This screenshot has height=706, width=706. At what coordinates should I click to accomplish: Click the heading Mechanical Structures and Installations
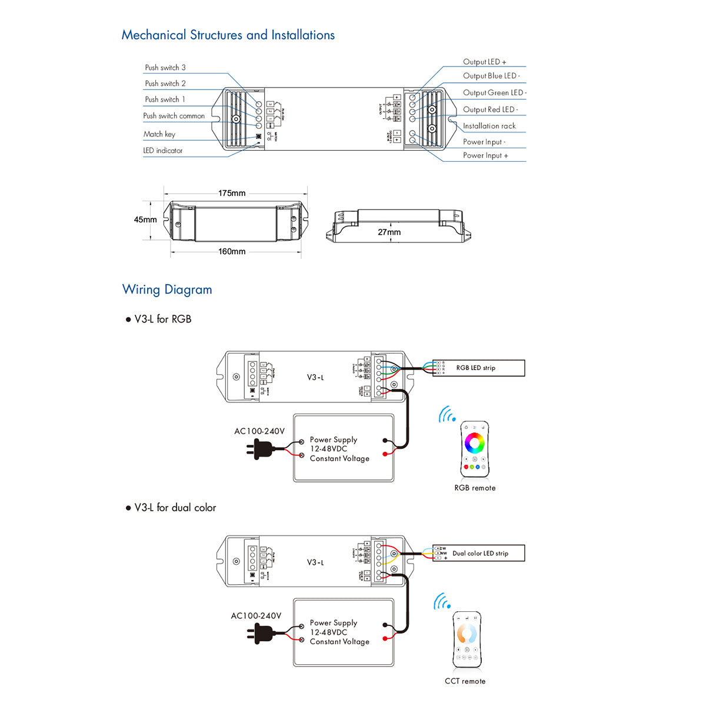(x=228, y=35)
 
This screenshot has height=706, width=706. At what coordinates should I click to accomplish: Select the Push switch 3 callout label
(x=165, y=68)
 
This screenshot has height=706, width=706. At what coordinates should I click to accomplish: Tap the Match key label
(x=159, y=134)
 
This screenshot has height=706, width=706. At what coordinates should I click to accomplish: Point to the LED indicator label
(x=163, y=151)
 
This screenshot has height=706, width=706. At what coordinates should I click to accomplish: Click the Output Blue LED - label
(x=491, y=76)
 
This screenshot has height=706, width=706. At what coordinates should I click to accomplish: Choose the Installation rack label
(x=489, y=126)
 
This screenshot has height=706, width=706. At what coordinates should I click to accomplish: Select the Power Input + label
(x=485, y=155)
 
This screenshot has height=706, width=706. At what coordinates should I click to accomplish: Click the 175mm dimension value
(x=232, y=193)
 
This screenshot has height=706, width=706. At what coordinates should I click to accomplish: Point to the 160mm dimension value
(x=232, y=251)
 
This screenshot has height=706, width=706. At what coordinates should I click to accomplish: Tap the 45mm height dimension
(x=145, y=219)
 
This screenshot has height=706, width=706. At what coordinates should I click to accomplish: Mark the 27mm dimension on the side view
(x=389, y=232)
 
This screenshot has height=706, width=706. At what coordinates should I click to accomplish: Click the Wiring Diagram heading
(x=167, y=289)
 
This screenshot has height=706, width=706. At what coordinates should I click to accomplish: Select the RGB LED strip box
(x=478, y=368)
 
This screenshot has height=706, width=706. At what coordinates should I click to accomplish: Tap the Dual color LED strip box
(x=478, y=553)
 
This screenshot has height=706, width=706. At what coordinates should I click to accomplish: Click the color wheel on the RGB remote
(x=474, y=442)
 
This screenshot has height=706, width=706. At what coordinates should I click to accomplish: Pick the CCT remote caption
(x=465, y=681)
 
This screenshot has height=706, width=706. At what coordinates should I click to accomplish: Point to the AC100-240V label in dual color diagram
(x=256, y=616)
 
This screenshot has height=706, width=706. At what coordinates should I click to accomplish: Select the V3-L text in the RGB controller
(x=315, y=377)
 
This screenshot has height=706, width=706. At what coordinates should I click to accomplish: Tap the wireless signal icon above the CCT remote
(x=442, y=602)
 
